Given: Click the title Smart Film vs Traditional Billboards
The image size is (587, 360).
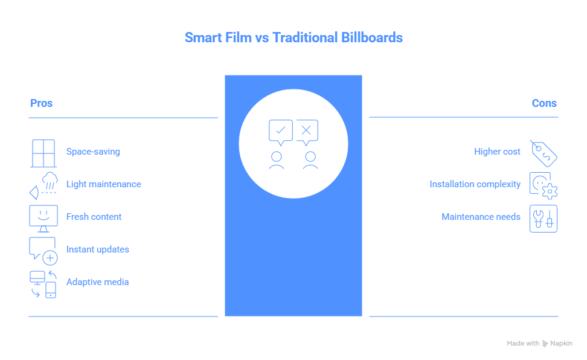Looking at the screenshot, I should click(x=293, y=37).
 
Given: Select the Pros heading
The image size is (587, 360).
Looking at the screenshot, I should click(x=41, y=103).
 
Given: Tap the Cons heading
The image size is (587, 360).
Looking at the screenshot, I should click(x=544, y=103).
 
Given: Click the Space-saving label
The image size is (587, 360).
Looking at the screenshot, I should click(x=93, y=152).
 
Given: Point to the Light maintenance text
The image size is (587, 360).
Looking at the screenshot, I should click(x=103, y=184).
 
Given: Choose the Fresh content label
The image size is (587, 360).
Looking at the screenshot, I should click(x=94, y=217).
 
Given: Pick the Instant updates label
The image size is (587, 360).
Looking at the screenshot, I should click(x=97, y=249).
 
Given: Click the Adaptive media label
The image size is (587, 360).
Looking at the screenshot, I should click(x=97, y=282).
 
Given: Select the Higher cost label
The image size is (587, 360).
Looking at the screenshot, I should click(x=497, y=152).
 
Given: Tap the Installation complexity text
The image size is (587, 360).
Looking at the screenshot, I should click(x=475, y=184).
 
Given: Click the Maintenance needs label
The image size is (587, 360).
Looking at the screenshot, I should click(x=481, y=217).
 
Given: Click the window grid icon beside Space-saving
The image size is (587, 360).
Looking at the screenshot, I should click(x=43, y=153).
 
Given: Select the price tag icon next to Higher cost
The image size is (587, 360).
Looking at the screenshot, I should click(x=544, y=153).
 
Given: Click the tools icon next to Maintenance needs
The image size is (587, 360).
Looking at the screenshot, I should click(x=544, y=218).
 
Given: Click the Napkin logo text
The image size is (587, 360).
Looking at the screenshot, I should click(x=561, y=344).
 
